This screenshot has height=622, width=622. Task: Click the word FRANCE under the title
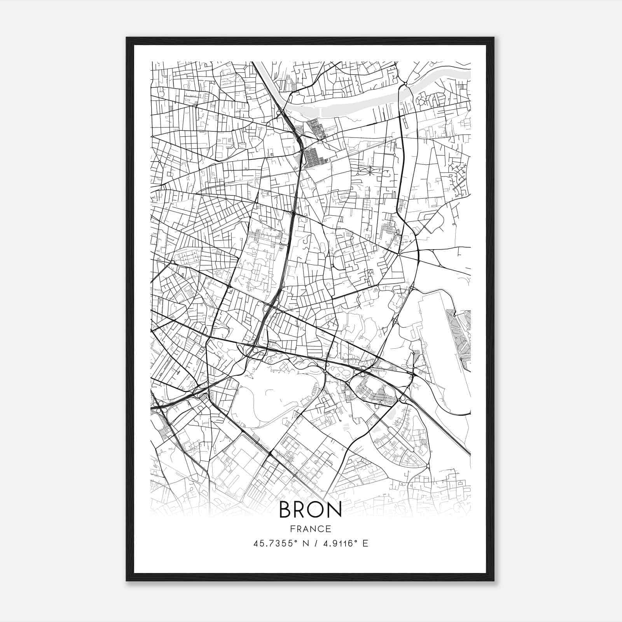point(310,529)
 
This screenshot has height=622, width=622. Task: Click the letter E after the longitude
point(365,543)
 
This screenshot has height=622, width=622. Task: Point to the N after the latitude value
point(300,543)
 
